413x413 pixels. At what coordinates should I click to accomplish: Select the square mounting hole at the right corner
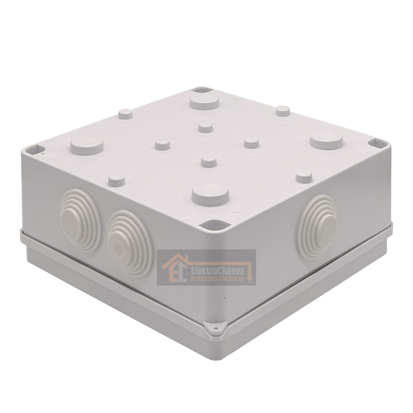coord(376,143)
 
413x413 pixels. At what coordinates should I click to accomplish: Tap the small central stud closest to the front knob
coord(208,161)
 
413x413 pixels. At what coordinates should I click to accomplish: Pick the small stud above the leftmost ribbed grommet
coord(116,179)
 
